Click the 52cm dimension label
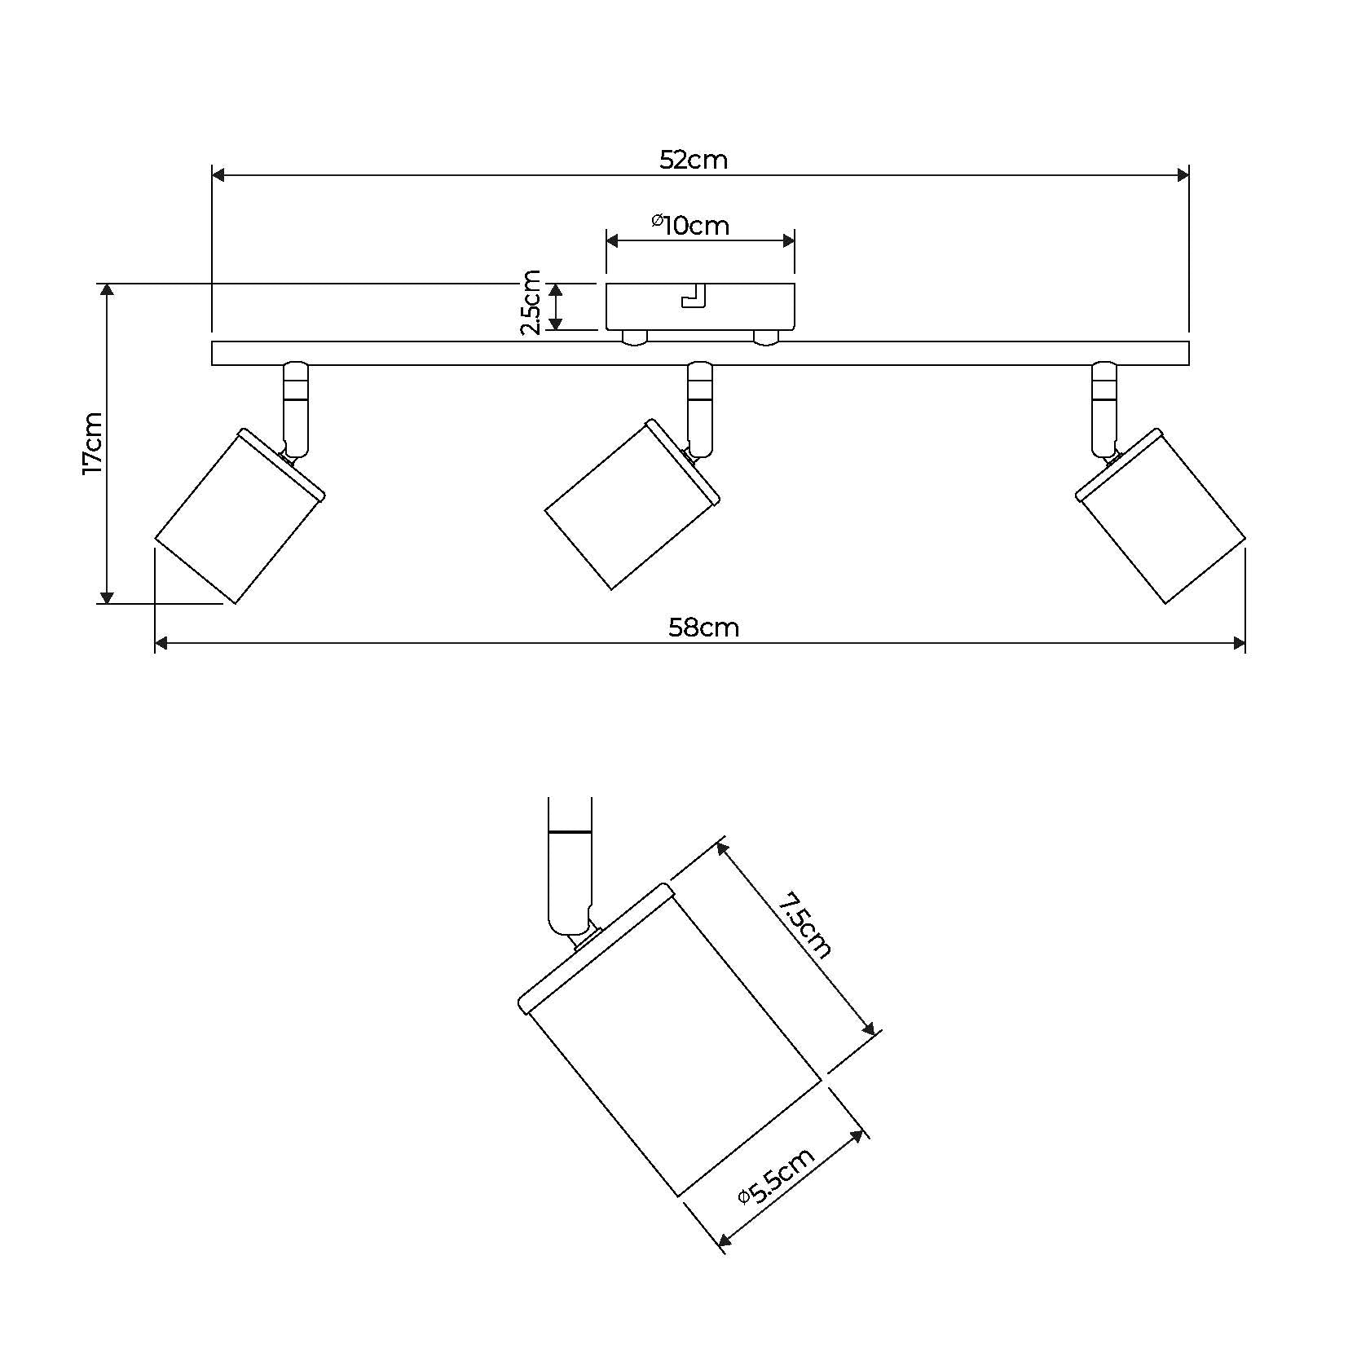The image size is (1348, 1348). (693, 160)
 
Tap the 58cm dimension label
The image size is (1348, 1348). (703, 628)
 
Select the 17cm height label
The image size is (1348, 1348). (92, 443)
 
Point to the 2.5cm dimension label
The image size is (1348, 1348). (531, 302)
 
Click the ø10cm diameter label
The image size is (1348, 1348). (690, 224)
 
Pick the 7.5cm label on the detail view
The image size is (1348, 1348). (804, 925)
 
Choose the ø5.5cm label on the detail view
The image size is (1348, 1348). (775, 1177)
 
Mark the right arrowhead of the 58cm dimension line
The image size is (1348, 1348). (1239, 643)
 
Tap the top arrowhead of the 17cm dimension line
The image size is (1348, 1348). (106, 290)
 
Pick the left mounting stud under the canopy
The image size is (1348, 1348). (633, 337)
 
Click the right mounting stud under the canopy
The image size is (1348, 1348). (766, 337)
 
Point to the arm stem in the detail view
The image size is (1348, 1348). (570, 864)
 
